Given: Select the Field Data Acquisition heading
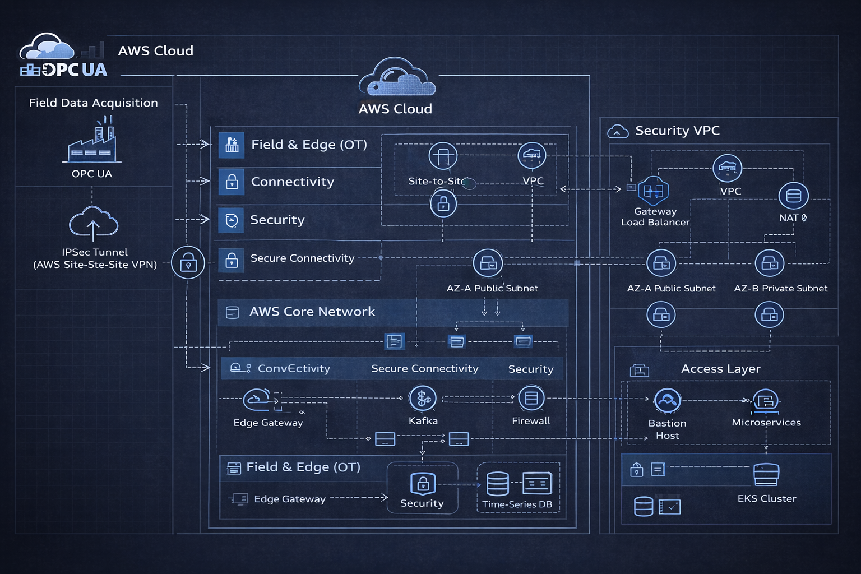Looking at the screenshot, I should click(x=93, y=103).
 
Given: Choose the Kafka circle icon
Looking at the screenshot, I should click(x=423, y=399).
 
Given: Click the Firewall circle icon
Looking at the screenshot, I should click(x=531, y=398).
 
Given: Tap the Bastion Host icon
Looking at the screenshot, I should click(x=667, y=401).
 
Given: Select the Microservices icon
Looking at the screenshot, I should click(x=766, y=400).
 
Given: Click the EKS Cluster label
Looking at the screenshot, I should click(x=766, y=498).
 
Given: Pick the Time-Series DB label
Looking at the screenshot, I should click(x=517, y=504).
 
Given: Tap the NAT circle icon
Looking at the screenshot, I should click(x=793, y=196).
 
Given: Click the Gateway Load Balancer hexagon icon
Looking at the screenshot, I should click(x=653, y=191).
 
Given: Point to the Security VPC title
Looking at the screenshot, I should click(x=677, y=131).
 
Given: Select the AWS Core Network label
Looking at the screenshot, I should click(x=312, y=312).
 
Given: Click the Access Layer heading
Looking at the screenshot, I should click(x=720, y=369).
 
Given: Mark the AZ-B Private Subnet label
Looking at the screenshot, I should click(x=780, y=288).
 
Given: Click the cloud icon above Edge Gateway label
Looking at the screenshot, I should click(x=257, y=399).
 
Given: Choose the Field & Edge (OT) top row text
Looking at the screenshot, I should click(x=309, y=145).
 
